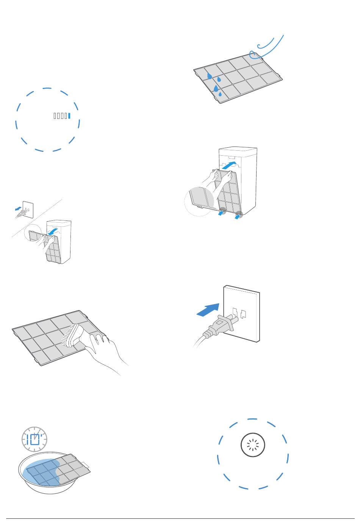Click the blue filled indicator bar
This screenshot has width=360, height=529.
pyautogui.click(x=69, y=116)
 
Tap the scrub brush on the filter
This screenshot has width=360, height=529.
pyautogui.click(x=72, y=336)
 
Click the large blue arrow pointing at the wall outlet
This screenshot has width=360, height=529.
pyautogui.click(x=208, y=310)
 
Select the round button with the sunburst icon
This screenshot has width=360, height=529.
pyautogui.click(x=253, y=445)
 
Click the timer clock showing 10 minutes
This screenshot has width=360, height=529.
pyautogui.click(x=34, y=439)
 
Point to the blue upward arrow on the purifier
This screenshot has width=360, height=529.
pyautogui.click(x=229, y=165)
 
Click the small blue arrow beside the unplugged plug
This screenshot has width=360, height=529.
pyautogui.click(x=18, y=209)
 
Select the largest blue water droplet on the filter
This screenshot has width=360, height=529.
pyautogui.click(x=216, y=89)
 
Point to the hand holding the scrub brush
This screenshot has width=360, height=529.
pyautogui.click(x=104, y=352)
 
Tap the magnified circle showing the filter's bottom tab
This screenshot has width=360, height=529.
pyautogui.click(x=199, y=201)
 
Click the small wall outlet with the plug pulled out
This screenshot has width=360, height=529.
pyautogui.click(x=28, y=210)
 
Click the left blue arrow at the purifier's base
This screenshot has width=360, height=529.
pyautogui.click(x=220, y=213)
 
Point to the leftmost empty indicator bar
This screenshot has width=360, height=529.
pyautogui.click(x=55, y=116)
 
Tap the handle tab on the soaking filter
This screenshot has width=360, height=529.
pyautogui.click(x=86, y=465)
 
